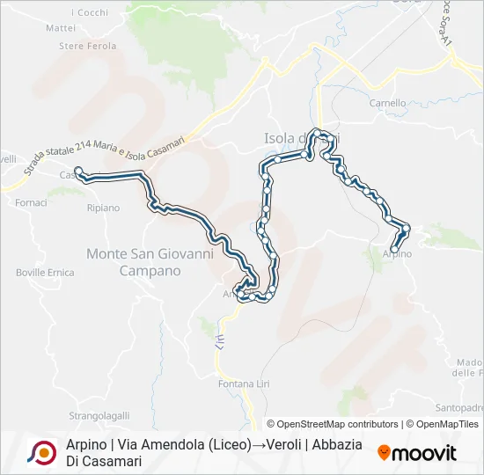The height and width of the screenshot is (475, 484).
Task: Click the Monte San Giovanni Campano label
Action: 150,262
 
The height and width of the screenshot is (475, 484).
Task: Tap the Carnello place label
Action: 387,103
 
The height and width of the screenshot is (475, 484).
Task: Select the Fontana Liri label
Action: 242,384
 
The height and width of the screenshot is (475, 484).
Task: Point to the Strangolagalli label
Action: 100,415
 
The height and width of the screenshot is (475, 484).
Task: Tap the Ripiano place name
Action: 103,208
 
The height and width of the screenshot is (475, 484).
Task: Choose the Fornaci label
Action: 32,202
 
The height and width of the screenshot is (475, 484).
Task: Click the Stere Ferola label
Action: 87,46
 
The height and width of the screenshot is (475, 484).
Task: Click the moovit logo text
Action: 424,454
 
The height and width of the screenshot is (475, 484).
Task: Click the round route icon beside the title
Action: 41,452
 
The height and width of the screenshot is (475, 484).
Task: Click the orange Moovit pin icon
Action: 384,453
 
